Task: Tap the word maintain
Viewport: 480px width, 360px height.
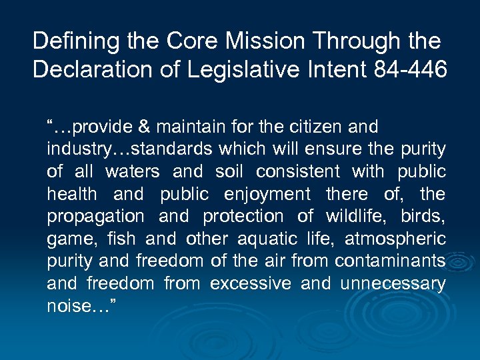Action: [x=185, y=127]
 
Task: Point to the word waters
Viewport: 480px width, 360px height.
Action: [x=133, y=172]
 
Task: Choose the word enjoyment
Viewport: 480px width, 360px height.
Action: [x=267, y=195]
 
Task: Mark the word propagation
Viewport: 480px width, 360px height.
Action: [x=95, y=217]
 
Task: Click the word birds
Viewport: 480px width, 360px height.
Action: [x=423, y=217]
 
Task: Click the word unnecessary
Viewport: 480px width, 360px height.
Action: [x=393, y=284]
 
